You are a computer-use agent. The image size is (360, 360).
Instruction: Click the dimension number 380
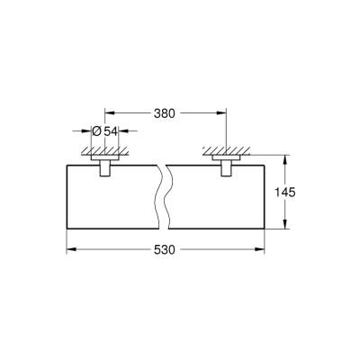165,114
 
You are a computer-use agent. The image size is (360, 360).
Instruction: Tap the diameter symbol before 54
96,131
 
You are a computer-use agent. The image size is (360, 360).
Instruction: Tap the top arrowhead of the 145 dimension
286,163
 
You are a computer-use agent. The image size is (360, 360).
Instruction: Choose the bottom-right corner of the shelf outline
267,225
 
